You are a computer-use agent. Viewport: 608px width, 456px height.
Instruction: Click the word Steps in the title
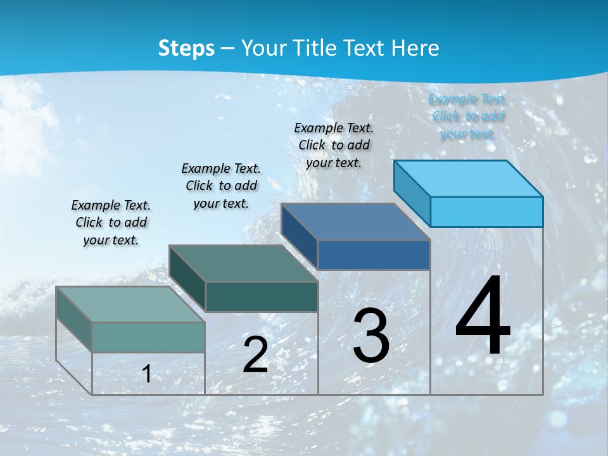pyautogui.click(x=186, y=48)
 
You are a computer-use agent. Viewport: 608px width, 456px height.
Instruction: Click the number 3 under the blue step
pyautogui.click(x=371, y=336)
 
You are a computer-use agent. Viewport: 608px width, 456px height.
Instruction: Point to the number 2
pyautogui.click(x=255, y=355)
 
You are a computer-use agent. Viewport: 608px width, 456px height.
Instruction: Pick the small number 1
pyautogui.click(x=147, y=374)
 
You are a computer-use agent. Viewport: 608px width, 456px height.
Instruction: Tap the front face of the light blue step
pyautogui.click(x=486, y=212)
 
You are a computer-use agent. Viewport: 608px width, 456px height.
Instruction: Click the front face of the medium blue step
pyautogui.click(x=374, y=255)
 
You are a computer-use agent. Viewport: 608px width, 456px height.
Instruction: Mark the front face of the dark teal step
pyautogui.click(x=262, y=296)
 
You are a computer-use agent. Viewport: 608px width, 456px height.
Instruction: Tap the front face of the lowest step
pyautogui.click(x=148, y=337)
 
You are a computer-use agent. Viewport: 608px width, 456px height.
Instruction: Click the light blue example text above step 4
pyautogui.click(x=467, y=116)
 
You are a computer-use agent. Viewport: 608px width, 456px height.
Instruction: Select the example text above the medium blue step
pyautogui.click(x=334, y=145)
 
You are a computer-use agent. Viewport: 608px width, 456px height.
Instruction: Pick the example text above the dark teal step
pyautogui.click(x=221, y=186)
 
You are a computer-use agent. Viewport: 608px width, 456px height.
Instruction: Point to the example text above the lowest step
pyautogui.click(x=111, y=222)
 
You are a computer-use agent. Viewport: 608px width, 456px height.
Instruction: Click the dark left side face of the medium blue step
pyautogui.click(x=299, y=236)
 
